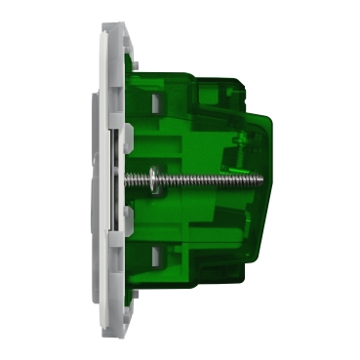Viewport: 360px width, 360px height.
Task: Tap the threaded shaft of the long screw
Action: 195,180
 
